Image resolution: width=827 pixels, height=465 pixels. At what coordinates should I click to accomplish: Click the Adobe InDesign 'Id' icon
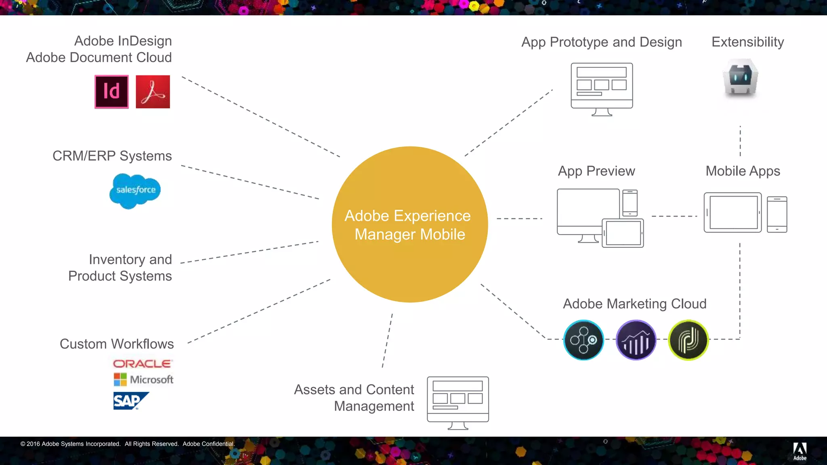click(111, 92)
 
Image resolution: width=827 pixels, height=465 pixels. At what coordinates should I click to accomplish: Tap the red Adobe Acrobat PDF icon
click(153, 92)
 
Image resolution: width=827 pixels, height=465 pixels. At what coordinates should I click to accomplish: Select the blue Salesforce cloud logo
click(135, 191)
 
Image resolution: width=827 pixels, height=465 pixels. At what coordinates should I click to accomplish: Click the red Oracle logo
click(143, 364)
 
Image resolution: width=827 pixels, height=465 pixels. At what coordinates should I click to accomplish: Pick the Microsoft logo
click(143, 379)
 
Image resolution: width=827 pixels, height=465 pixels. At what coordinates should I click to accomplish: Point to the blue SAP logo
click(130, 400)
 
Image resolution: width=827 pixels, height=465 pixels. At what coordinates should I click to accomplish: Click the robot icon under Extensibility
click(741, 78)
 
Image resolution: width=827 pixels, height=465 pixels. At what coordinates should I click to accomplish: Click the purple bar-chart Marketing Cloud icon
click(636, 340)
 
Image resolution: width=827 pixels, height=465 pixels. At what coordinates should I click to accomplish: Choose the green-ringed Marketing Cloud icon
click(688, 340)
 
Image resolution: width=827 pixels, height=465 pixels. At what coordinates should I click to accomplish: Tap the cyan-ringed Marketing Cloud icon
click(584, 340)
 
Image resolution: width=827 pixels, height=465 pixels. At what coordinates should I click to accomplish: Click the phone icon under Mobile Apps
click(777, 214)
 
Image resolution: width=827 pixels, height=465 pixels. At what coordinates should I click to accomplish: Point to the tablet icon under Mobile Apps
click(733, 212)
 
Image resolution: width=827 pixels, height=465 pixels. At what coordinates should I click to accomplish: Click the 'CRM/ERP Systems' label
click(112, 156)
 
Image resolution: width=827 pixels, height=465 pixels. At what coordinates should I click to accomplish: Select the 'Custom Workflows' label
click(117, 344)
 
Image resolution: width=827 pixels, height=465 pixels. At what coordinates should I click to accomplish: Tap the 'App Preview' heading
click(596, 171)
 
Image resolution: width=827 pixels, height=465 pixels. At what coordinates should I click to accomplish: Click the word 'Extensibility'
click(747, 42)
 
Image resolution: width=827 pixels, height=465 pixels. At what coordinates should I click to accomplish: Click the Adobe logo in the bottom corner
click(800, 451)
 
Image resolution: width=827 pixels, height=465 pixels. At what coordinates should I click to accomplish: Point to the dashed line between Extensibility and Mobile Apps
click(740, 141)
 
